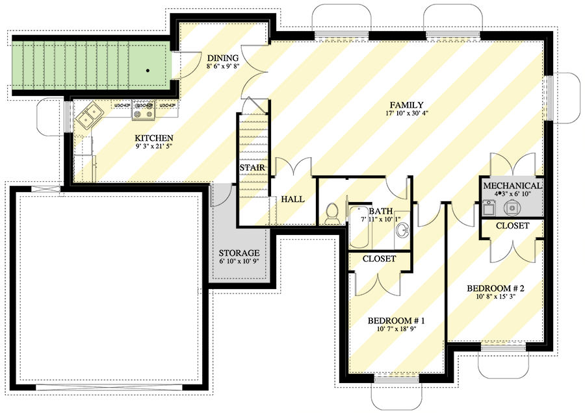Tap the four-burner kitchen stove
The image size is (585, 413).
point(143,112)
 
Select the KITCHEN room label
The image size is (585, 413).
point(153,138)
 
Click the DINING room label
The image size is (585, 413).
point(223,57)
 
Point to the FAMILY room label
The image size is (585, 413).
point(407,105)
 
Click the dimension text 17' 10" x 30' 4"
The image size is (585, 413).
point(407,114)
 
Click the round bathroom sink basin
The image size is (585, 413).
point(402,230)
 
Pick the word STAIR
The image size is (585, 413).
point(251,168)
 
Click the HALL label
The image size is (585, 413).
point(292,199)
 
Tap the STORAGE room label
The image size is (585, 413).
point(239,253)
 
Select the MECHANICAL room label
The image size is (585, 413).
point(512,186)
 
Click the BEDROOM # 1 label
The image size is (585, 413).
point(396,321)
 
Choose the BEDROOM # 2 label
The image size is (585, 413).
point(495,288)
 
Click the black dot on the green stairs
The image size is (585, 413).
point(149,69)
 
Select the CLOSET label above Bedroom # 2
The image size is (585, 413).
point(512,226)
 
